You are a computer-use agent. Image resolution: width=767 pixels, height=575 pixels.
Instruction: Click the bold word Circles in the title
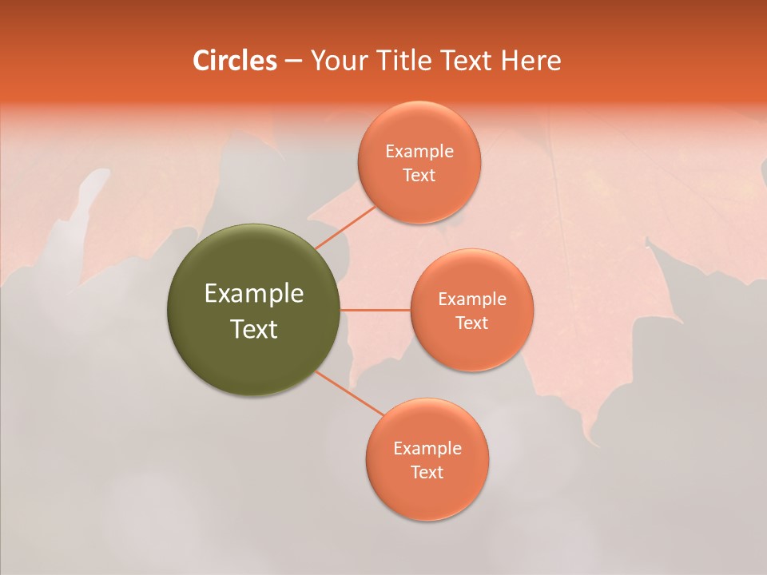click(x=234, y=61)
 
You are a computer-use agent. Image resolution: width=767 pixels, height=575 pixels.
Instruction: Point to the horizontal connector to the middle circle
click(x=376, y=310)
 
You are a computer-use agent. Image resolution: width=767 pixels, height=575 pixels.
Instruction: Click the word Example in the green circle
click(x=254, y=294)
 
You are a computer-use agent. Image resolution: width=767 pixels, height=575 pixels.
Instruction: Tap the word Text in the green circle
click(x=254, y=329)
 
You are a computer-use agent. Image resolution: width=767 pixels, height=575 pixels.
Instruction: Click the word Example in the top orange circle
click(x=419, y=152)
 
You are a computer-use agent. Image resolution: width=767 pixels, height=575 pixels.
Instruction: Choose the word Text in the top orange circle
click(x=419, y=176)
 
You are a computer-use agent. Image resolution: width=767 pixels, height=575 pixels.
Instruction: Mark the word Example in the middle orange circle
click(x=472, y=299)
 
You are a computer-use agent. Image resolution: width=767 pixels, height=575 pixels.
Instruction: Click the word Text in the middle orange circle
click(x=471, y=323)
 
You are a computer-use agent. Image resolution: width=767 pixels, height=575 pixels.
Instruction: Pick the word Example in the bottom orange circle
click(x=427, y=449)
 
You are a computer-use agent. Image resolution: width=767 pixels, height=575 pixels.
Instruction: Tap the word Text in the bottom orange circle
click(x=427, y=473)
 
